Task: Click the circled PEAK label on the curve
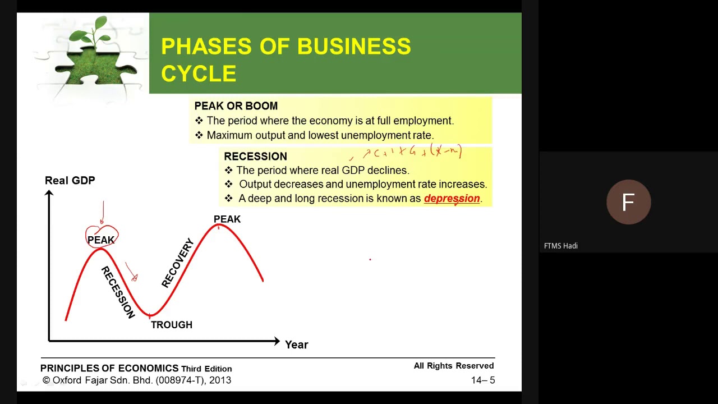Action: click(x=101, y=240)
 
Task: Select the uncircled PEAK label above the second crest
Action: click(x=227, y=219)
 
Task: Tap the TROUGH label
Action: click(x=172, y=325)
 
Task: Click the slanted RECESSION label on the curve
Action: click(x=118, y=292)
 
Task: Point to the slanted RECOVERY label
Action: click(x=177, y=263)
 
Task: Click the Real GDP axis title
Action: click(x=70, y=180)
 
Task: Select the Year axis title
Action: click(x=296, y=345)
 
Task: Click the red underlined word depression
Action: click(x=452, y=198)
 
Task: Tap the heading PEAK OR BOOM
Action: click(x=236, y=106)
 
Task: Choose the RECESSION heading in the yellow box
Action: click(x=255, y=157)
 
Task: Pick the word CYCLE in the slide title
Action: click(x=199, y=74)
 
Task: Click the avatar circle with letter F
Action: click(x=628, y=202)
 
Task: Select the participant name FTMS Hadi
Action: click(x=561, y=246)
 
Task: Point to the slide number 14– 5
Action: click(x=483, y=380)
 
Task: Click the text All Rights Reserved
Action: click(x=454, y=366)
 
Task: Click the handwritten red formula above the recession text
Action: click(x=412, y=152)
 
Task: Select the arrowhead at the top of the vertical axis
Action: click(x=49, y=194)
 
